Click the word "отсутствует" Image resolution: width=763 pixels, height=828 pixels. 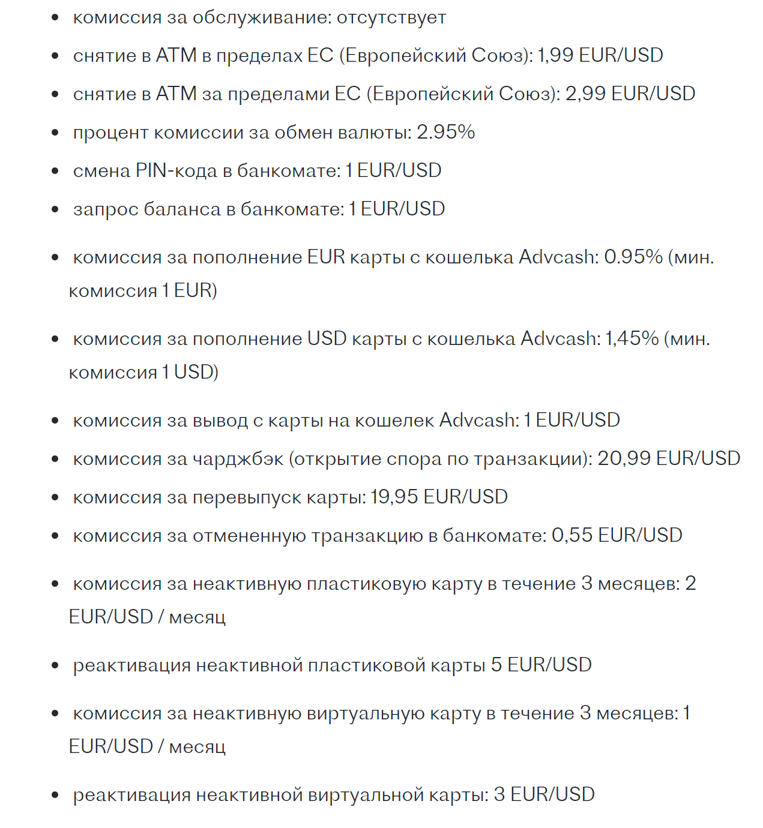(x=391, y=18)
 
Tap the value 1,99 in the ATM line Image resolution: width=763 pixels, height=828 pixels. (x=555, y=55)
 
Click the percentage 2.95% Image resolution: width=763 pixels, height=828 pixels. (x=445, y=132)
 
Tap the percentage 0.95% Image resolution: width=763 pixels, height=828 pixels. (x=633, y=257)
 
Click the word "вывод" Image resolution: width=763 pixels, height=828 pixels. (x=220, y=420)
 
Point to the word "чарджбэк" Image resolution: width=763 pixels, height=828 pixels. (x=238, y=459)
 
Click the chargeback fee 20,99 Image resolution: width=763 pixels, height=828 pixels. (x=624, y=458)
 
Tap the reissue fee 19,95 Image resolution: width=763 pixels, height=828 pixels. (x=394, y=497)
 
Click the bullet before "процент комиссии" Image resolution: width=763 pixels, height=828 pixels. (x=55, y=133)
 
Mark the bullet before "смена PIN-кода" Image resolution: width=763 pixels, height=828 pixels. (x=55, y=171)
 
